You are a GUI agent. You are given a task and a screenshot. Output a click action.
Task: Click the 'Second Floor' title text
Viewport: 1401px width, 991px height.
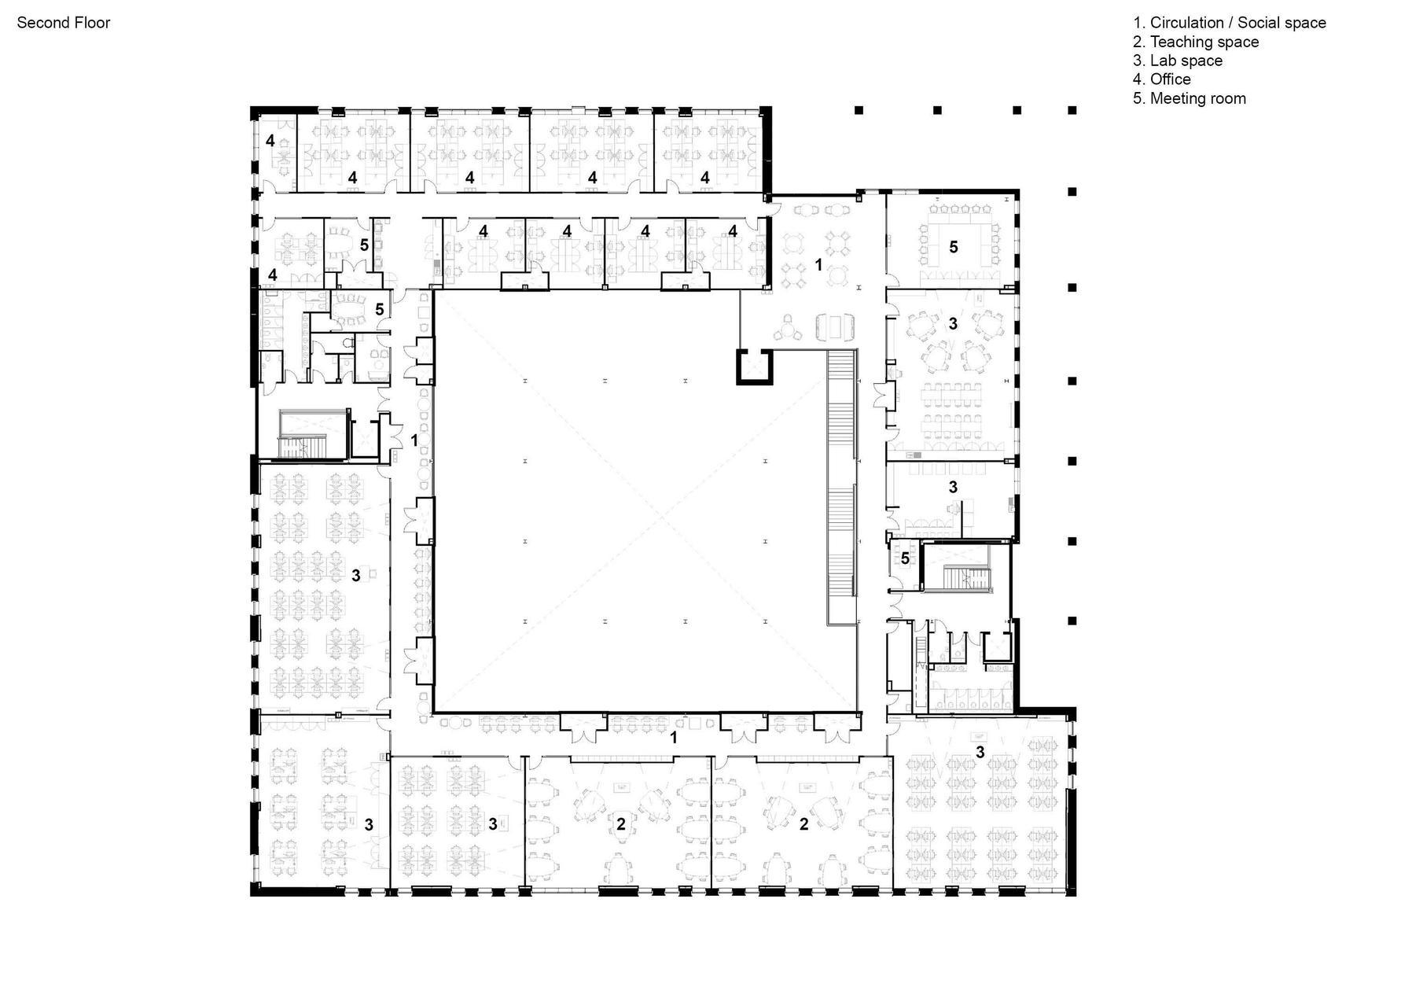point(64,23)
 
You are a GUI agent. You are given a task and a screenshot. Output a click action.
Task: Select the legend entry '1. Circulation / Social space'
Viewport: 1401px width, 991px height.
point(1230,23)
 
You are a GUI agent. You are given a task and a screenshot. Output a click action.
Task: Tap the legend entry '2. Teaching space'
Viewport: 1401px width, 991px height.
point(1196,42)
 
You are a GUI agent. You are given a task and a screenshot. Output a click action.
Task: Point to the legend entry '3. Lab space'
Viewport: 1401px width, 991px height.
point(1178,61)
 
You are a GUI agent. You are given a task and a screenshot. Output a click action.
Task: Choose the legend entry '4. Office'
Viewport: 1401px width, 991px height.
point(1162,79)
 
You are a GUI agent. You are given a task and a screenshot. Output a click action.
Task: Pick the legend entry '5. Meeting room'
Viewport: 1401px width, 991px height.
point(1190,98)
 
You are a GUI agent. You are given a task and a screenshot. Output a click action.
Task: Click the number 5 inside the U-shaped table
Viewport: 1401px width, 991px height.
point(954,247)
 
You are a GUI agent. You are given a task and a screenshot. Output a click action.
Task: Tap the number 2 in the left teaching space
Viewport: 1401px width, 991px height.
point(621,824)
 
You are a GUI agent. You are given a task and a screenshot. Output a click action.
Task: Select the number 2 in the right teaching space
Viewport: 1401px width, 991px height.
point(803,824)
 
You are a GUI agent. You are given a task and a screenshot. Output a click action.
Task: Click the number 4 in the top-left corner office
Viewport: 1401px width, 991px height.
point(270,141)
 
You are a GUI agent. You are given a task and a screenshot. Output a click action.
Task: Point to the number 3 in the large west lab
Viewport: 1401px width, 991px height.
point(356,576)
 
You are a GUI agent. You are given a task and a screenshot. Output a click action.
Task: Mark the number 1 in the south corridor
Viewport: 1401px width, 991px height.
point(673,738)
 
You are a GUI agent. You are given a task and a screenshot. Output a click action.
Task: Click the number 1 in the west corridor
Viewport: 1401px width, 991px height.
point(414,440)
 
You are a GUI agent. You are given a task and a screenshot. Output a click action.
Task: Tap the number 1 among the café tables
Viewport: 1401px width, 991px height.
point(818,265)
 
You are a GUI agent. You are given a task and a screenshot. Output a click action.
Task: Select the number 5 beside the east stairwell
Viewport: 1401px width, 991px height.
point(905,558)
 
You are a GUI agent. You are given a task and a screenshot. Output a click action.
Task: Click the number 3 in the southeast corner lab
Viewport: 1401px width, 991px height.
point(980,752)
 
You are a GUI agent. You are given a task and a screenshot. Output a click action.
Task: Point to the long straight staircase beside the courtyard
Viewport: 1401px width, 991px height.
point(841,488)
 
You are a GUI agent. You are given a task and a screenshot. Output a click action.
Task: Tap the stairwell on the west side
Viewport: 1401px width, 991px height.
point(313,433)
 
